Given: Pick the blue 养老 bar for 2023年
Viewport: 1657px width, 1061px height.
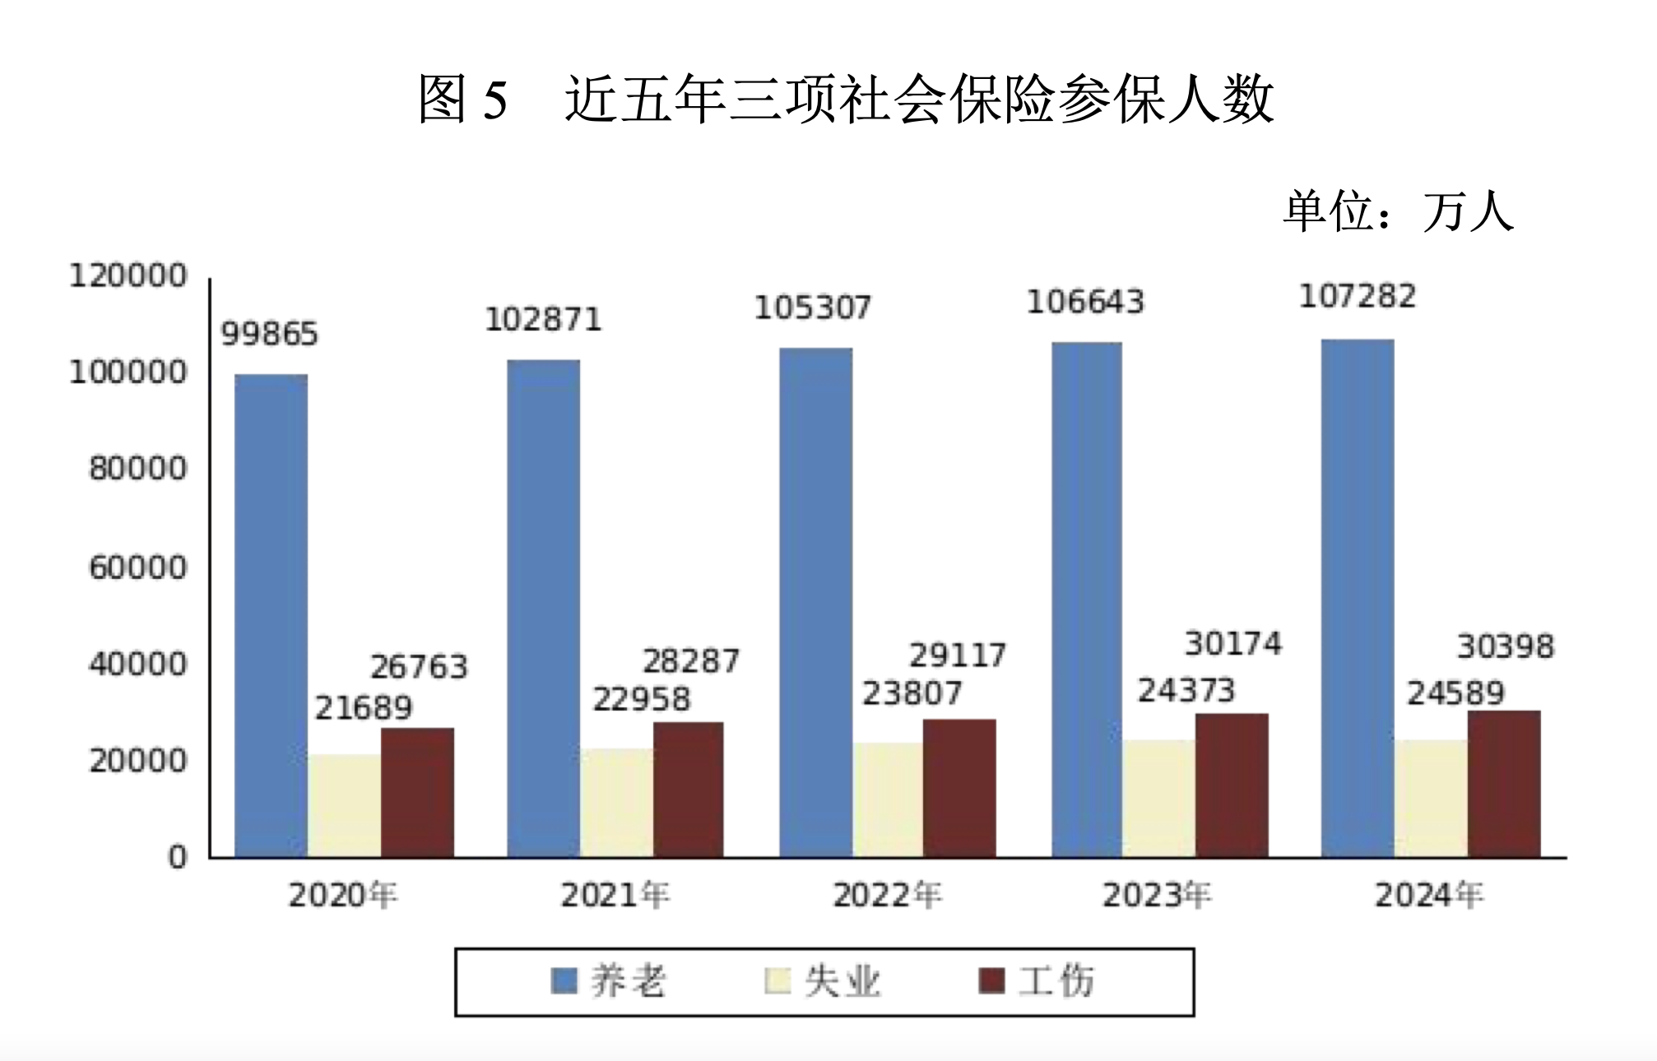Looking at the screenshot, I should (x=1086, y=600).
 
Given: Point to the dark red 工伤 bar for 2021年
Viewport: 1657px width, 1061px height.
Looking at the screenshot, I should (x=689, y=790).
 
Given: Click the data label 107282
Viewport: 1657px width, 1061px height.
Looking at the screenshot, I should (x=1358, y=297).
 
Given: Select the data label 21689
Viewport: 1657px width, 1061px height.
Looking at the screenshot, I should (x=364, y=708).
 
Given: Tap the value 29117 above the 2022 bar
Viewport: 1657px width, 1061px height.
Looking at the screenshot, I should (x=958, y=656).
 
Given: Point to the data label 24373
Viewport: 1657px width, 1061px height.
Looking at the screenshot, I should (x=1186, y=691).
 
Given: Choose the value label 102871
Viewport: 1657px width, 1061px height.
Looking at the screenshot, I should (x=543, y=320).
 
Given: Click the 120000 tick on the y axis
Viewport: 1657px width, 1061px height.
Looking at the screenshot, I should (x=128, y=276).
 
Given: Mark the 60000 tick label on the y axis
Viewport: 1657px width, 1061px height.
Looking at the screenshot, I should (x=138, y=568).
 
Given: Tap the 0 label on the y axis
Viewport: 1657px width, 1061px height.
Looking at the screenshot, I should (x=178, y=858).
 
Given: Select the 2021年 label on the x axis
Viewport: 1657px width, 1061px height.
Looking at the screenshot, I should (x=615, y=895).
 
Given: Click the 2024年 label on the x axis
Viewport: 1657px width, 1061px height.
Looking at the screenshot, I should (x=1429, y=895).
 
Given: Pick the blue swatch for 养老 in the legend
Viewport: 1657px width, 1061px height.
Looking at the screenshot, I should (x=564, y=981).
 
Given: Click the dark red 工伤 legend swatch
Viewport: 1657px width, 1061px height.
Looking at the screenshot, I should (x=992, y=981).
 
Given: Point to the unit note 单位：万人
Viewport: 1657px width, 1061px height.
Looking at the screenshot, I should (x=1398, y=211).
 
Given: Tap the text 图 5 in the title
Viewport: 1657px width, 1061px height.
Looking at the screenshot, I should (x=462, y=99).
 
